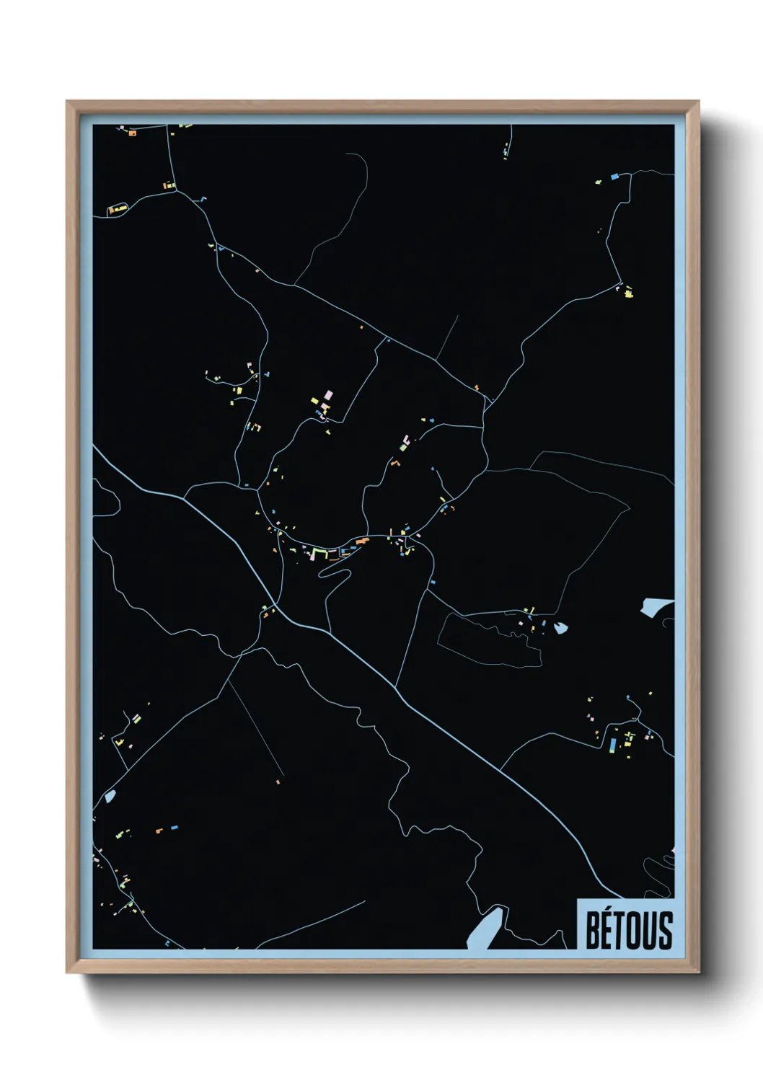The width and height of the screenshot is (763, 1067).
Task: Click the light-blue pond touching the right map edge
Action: click(656, 607)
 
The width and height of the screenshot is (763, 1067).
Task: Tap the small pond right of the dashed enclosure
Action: click(560, 628)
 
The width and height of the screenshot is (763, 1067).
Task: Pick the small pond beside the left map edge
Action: click(110, 797)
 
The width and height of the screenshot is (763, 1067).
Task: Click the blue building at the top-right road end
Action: click(614, 176)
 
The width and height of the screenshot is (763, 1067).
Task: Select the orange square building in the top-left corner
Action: click(132, 133)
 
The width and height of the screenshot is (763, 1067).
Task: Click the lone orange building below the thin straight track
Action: click(278, 782)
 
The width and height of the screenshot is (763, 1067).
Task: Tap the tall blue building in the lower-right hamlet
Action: click(613, 744)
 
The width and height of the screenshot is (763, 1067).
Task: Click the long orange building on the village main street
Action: click(361, 540)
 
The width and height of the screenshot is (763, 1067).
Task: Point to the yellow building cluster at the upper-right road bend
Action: click(628, 292)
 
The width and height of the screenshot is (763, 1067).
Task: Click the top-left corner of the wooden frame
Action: click(67, 102)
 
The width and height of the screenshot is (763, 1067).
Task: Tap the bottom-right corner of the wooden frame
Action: click(698, 972)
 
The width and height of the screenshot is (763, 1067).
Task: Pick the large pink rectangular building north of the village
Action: click(330, 395)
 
